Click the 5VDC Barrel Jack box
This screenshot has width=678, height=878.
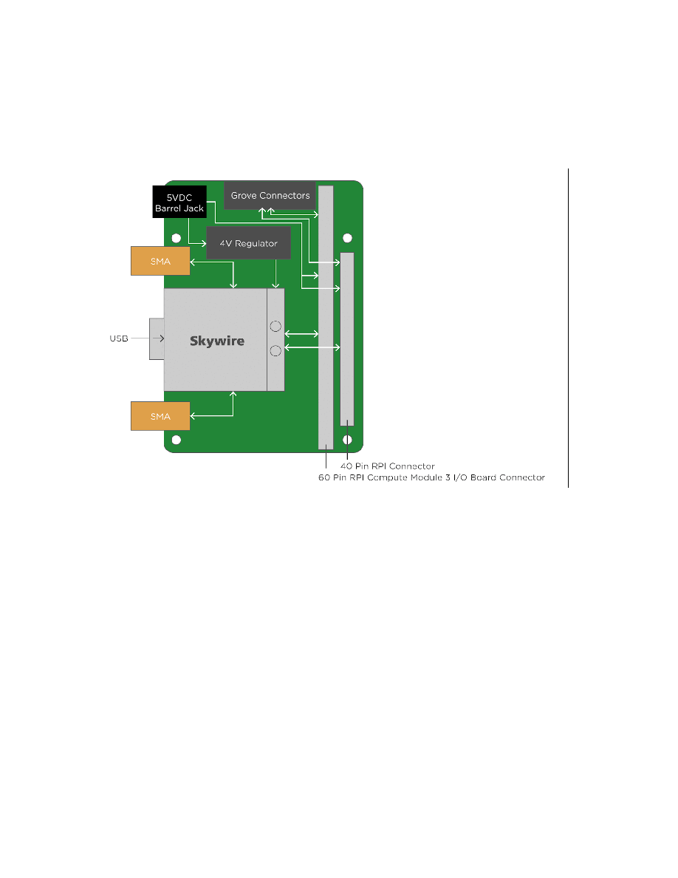[x=179, y=202]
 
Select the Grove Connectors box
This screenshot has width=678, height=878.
[x=270, y=195]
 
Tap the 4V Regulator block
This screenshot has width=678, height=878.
[x=248, y=243]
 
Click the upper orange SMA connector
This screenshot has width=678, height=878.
[x=160, y=261]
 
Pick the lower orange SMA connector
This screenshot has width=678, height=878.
[x=160, y=416]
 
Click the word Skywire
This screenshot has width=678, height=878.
[x=217, y=341]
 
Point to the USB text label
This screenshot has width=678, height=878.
[x=119, y=338]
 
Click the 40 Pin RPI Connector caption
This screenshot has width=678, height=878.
[x=388, y=466]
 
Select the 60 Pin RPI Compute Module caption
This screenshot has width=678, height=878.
[x=431, y=477]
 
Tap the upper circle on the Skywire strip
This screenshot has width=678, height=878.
[x=275, y=326]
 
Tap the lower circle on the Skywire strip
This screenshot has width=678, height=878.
[x=275, y=351]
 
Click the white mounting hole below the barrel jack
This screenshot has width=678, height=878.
[x=177, y=238]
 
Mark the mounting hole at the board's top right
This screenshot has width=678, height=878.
[x=347, y=238]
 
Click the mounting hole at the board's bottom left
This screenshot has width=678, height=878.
[x=177, y=440]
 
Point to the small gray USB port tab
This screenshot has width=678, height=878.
[x=157, y=338]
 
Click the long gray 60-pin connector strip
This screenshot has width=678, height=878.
[x=326, y=318]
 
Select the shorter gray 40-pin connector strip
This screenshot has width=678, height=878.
[x=347, y=339]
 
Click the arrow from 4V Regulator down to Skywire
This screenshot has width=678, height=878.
[x=275, y=273]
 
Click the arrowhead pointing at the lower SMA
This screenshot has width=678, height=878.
[x=193, y=416]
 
